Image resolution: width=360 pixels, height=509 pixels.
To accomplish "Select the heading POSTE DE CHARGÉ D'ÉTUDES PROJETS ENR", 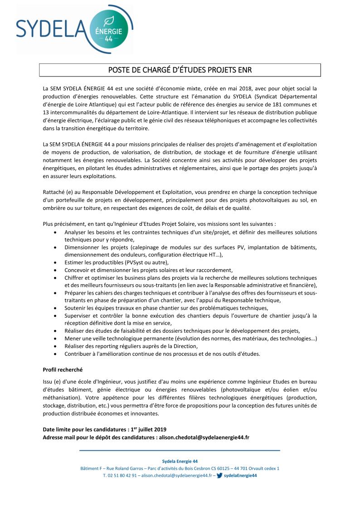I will click(180, 70).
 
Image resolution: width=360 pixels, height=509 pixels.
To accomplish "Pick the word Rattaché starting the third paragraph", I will click(54, 192).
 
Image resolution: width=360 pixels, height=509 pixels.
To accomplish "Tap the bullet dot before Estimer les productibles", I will click(55, 262).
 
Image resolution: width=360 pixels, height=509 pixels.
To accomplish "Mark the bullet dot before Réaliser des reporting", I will click(55, 346).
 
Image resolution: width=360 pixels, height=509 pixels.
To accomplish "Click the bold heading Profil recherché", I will click(63, 370).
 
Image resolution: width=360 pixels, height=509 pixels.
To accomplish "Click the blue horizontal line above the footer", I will click(180, 451).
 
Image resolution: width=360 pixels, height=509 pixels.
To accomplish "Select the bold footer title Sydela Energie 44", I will click(180, 461).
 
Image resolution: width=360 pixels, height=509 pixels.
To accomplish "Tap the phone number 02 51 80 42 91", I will click(123, 475).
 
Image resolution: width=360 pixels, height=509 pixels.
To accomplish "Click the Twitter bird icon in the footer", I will click(219, 475).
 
